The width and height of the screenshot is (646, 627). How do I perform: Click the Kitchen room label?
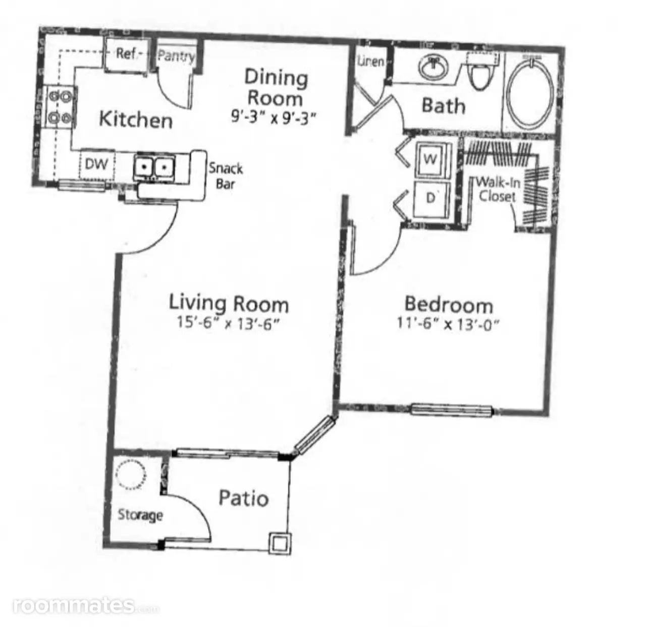tap(136, 120)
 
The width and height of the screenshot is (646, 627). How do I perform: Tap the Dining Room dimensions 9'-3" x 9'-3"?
tap(273, 118)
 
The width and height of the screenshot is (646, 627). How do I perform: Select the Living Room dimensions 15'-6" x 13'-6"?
tap(227, 323)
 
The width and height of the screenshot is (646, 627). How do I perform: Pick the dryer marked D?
tap(432, 199)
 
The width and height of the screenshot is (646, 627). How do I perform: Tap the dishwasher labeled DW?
tap(96, 164)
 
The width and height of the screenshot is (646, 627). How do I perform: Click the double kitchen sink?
tap(154, 168)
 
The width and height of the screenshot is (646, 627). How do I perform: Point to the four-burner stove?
tap(60, 107)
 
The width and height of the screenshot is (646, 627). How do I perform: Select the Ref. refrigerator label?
tap(127, 53)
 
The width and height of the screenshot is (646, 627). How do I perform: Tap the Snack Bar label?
tap(226, 177)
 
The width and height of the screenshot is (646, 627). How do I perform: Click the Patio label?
tap(244, 498)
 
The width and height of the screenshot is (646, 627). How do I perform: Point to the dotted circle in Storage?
tap(130, 475)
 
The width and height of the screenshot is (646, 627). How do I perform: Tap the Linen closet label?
tap(371, 61)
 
